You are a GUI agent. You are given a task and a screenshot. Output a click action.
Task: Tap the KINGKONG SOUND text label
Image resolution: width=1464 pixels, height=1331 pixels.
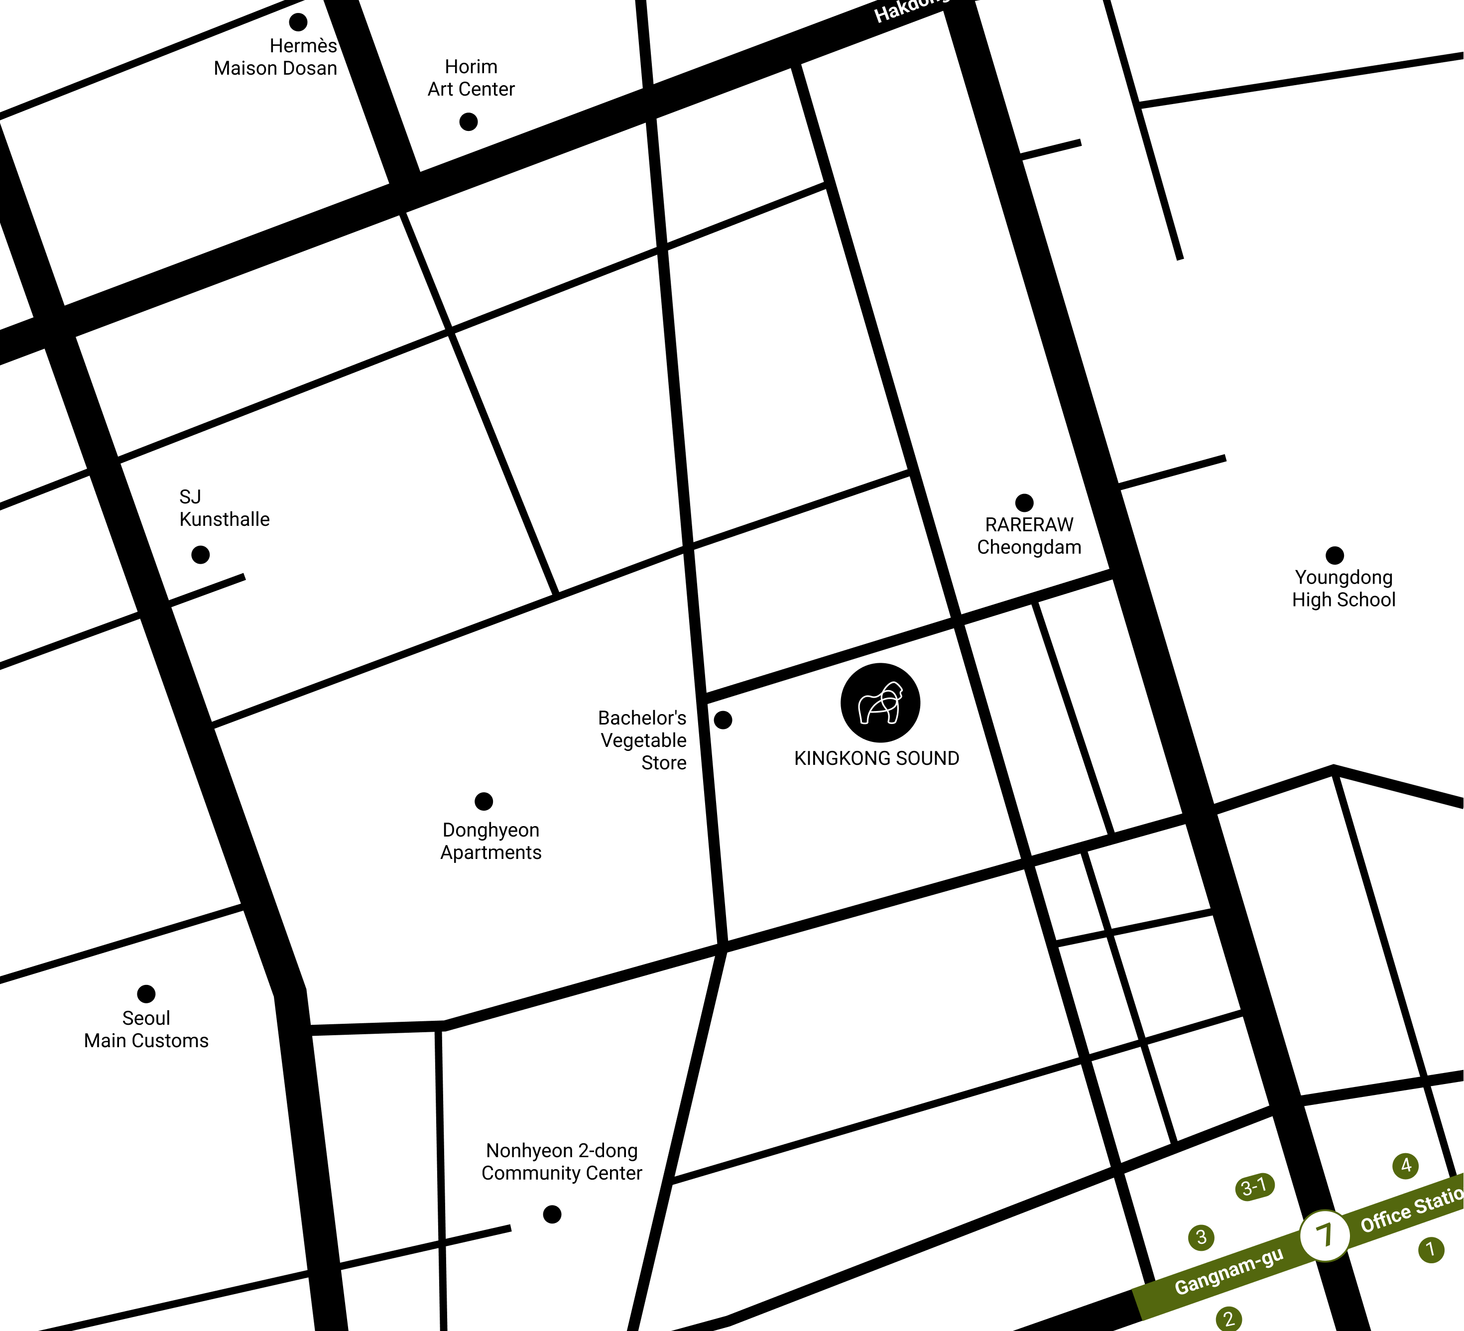pyautogui.click(x=876, y=758)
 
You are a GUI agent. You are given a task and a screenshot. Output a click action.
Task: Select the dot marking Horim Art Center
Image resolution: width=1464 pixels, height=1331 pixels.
pyautogui.click(x=469, y=121)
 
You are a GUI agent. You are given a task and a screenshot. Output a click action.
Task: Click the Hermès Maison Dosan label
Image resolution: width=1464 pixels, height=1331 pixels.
pyautogui.click(x=276, y=57)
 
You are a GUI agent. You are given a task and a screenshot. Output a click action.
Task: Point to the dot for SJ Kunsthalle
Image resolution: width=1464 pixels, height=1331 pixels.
pyautogui.click(x=200, y=555)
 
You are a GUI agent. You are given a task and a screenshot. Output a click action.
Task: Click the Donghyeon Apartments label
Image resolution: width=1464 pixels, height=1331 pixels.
pyautogui.click(x=491, y=841)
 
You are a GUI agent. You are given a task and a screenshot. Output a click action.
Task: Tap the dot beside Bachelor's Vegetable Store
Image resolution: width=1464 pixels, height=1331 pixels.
pyautogui.click(x=723, y=720)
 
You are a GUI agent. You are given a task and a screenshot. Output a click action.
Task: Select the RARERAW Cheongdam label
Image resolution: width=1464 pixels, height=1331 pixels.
pyautogui.click(x=1029, y=536)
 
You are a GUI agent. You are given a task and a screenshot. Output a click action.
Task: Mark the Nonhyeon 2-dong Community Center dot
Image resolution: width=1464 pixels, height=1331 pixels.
pyautogui.click(x=552, y=1214)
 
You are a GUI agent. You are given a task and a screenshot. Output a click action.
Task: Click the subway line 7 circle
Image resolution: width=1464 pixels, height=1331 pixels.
pyautogui.click(x=1325, y=1235)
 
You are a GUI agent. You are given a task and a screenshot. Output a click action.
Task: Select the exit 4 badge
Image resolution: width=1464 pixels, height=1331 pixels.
pyautogui.click(x=1406, y=1166)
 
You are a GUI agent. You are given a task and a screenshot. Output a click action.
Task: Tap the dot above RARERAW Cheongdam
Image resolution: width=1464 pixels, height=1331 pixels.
pyautogui.click(x=1024, y=502)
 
